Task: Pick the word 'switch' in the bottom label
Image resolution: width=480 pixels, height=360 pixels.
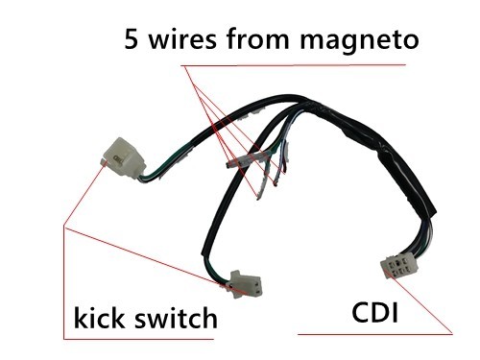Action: pyautogui.click(x=177, y=318)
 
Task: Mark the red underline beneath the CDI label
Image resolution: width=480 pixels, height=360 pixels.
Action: pyautogui.click(x=374, y=333)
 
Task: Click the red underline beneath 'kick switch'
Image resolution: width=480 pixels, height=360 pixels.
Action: pyautogui.click(x=144, y=339)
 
